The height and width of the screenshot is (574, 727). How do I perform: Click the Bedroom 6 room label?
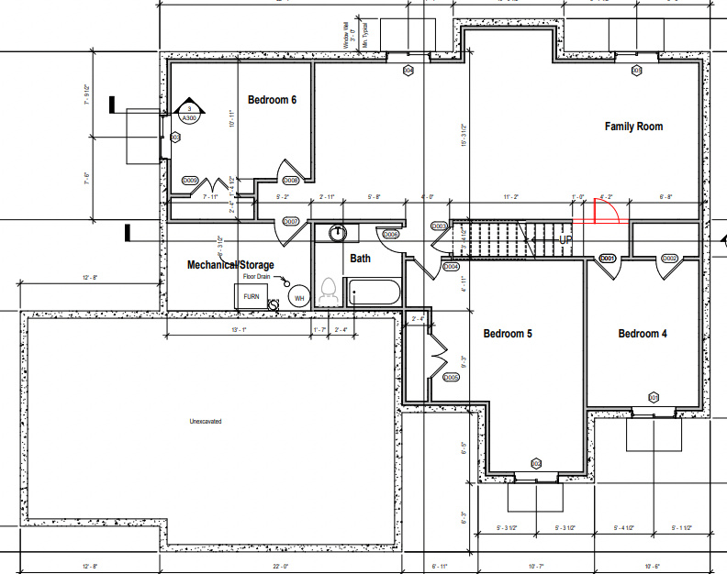272,99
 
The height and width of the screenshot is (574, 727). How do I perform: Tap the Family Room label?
633,126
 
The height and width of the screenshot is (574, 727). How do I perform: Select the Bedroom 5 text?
508,334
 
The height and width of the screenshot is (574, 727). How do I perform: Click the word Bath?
360,259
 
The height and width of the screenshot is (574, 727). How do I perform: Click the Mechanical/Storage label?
230,265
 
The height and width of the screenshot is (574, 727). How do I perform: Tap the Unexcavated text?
205,421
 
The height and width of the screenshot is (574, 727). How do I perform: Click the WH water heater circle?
299,297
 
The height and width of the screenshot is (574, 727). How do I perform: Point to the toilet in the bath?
327,293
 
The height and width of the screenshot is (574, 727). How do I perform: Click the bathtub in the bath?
374,294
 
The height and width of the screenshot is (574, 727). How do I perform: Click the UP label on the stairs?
567,239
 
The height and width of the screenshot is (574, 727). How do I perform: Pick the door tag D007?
291,222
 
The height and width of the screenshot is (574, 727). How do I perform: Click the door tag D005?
451,378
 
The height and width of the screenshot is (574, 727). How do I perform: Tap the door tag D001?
607,259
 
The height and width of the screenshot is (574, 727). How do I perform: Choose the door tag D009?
191,181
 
